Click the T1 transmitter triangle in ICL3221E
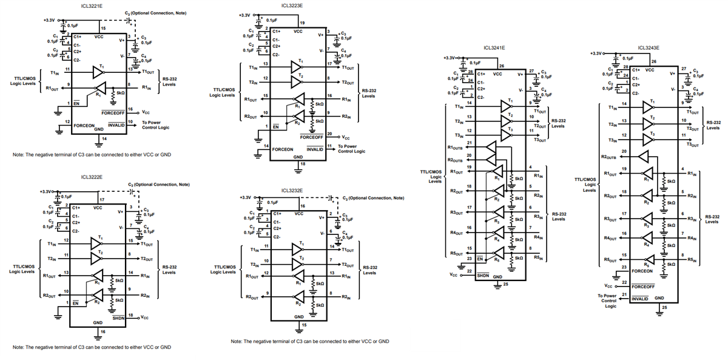98,73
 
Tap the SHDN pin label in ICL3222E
119,318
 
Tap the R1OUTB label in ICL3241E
455,148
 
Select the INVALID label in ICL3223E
315,149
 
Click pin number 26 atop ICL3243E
653,62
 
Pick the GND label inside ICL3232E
298,316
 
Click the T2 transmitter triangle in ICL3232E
297,264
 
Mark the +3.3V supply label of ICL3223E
244,15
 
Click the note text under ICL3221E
92,155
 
